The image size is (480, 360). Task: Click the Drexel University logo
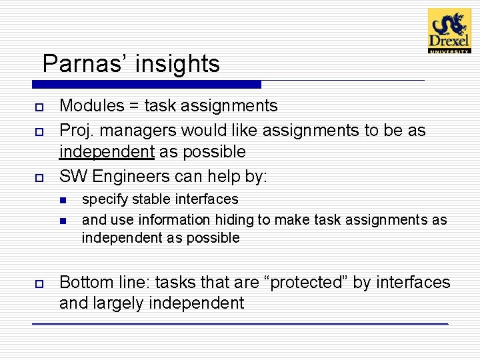[449, 31]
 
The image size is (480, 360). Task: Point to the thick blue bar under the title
[147, 85]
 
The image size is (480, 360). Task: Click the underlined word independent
[107, 152]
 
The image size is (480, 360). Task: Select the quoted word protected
[307, 282]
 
